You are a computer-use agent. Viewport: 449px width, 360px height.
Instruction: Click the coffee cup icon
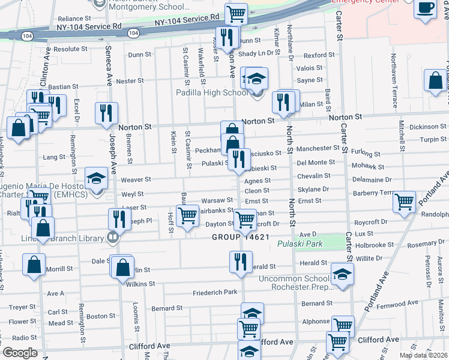(x=426, y=8)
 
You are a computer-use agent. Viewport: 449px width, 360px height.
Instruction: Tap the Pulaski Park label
(x=300, y=244)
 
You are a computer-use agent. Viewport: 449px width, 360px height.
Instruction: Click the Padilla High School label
(x=211, y=92)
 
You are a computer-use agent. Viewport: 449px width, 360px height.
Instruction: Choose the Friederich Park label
(x=215, y=293)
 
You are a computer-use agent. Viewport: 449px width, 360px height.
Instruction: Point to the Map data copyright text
(x=423, y=355)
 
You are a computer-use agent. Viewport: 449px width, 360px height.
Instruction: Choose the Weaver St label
(x=136, y=179)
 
